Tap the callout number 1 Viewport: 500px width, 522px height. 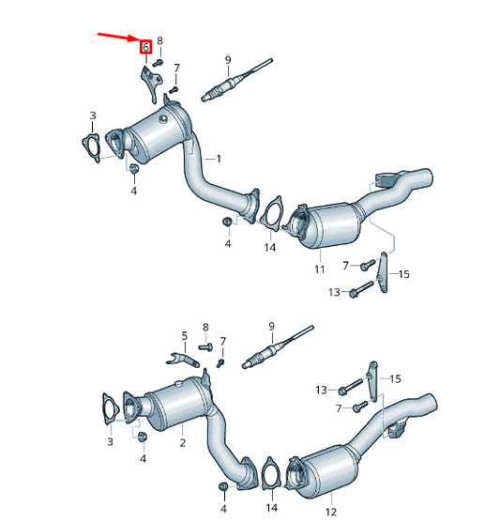point(219,159)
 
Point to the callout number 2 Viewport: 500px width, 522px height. point(183,440)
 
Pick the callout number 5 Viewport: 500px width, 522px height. point(185,335)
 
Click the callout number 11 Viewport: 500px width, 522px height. point(319,269)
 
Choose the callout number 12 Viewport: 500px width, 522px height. point(330,512)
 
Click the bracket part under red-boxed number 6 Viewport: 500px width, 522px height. point(148,83)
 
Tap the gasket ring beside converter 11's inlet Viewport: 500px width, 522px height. point(272,213)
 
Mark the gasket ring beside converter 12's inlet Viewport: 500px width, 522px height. point(271,476)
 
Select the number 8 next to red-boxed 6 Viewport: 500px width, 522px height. point(160,41)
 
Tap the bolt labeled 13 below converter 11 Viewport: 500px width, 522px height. point(356,294)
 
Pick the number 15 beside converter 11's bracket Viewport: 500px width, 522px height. point(404,274)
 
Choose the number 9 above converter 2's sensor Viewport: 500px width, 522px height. point(271,326)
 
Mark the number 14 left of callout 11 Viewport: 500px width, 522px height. point(270,248)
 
